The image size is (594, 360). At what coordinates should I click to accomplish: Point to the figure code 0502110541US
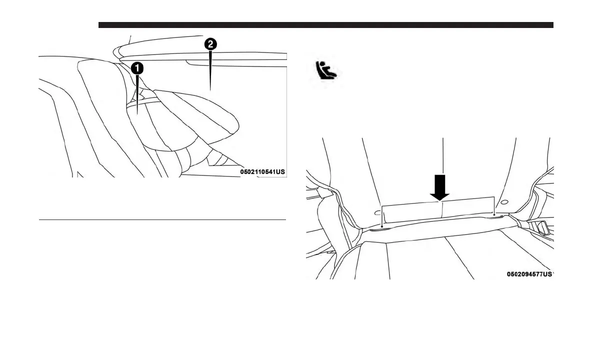click(262, 171)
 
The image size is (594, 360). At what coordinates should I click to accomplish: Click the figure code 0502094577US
click(529, 274)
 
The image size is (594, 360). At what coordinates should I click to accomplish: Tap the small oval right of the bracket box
click(504, 202)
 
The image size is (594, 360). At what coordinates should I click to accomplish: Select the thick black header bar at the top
click(325, 25)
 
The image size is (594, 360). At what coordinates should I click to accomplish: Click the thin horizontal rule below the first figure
click(162, 219)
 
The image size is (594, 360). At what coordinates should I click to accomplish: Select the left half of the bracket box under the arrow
click(411, 211)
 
